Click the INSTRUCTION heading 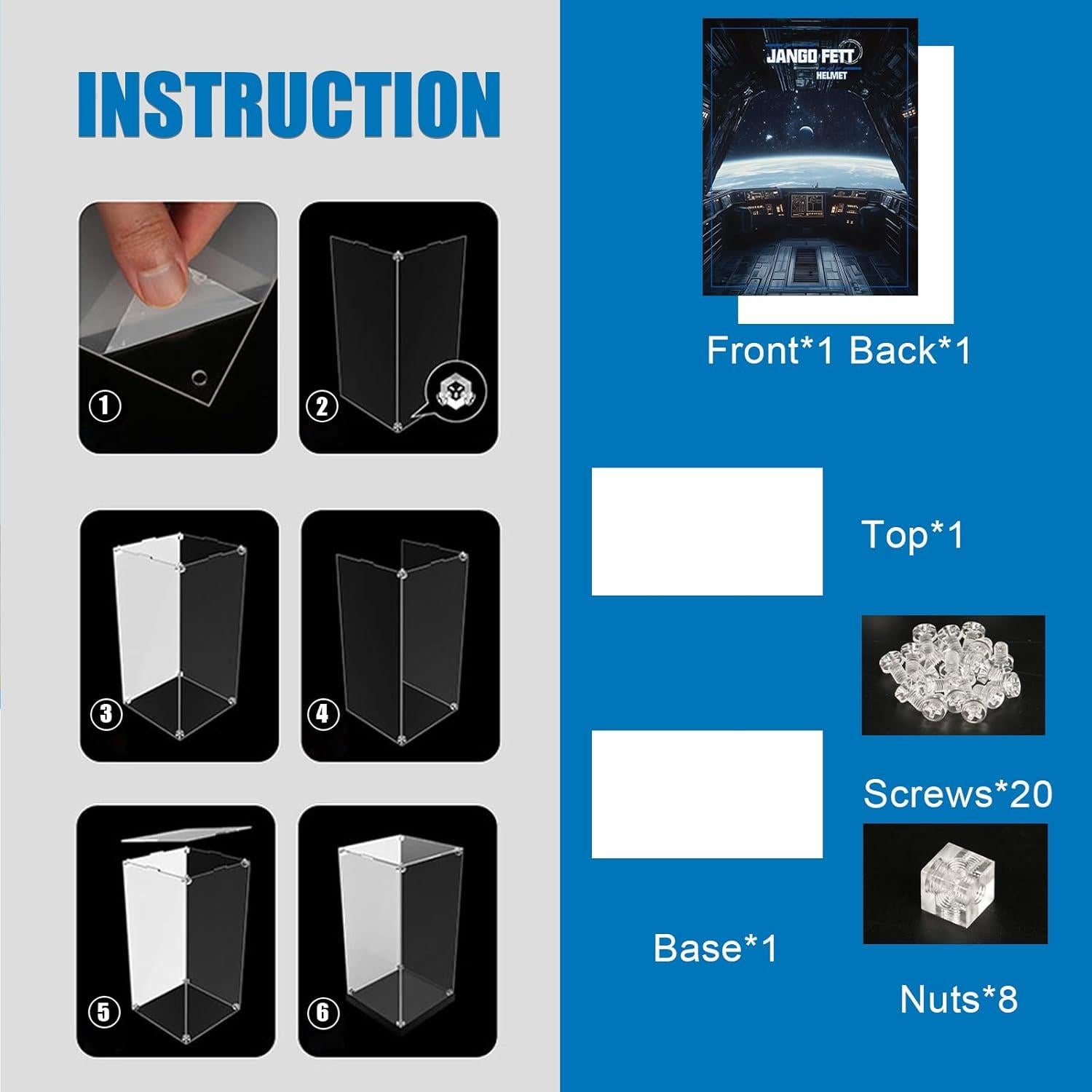click(289, 104)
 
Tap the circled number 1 click(105, 405)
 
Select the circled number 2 click(323, 405)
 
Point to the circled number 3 click(106, 713)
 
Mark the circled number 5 click(103, 1012)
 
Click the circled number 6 click(323, 1012)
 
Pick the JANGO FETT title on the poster click(813, 55)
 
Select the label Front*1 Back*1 click(839, 351)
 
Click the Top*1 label click(912, 535)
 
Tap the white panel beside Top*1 click(707, 531)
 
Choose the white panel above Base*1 click(707, 794)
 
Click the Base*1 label click(716, 948)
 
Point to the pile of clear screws click(953, 675)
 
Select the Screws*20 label click(957, 794)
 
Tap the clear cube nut click(954, 883)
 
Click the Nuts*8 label click(958, 999)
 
